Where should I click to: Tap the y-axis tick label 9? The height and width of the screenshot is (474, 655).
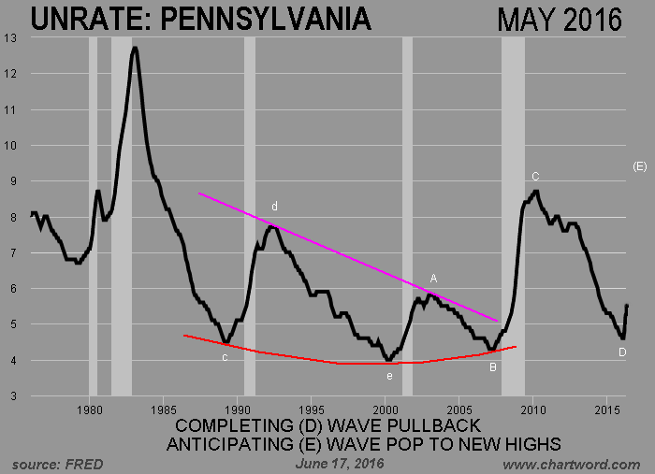point(12,181)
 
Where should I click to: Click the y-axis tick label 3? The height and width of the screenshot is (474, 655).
point(12,396)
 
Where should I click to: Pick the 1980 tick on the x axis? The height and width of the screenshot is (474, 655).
point(89,409)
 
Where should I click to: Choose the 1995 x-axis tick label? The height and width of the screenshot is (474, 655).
point(312,409)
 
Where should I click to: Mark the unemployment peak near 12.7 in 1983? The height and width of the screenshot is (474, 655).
point(135,49)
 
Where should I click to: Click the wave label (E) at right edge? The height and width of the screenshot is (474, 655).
point(640,165)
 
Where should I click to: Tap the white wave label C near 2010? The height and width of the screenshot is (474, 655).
point(535,176)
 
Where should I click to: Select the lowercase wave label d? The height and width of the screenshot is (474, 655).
point(275,206)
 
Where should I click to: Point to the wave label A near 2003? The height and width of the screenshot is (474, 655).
point(433,279)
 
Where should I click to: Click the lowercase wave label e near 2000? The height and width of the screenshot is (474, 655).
point(389,376)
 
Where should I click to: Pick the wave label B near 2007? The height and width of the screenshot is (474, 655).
point(492,366)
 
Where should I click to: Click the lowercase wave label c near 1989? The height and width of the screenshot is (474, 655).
point(225,357)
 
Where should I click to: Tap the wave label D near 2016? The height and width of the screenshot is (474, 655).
point(621,352)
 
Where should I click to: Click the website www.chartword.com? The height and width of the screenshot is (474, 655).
point(571,464)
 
